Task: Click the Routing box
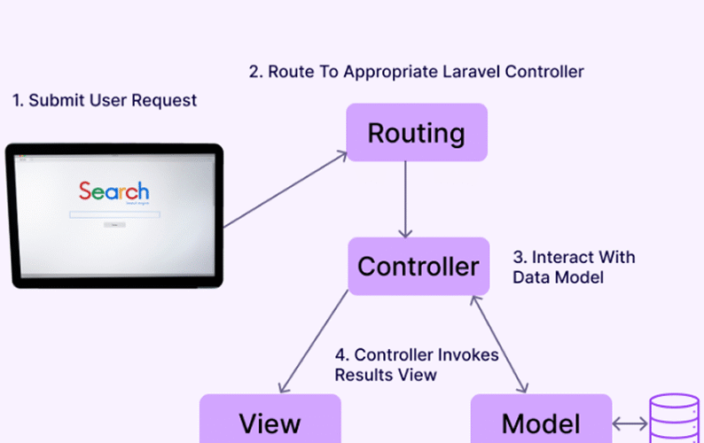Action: pyautogui.click(x=417, y=133)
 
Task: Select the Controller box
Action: pyautogui.click(x=418, y=266)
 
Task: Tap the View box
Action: pyautogui.click(x=270, y=421)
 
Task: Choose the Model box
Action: pyautogui.click(x=541, y=421)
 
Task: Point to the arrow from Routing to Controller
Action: pyautogui.click(x=405, y=199)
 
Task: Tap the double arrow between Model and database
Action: pyautogui.click(x=630, y=423)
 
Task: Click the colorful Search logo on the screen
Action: pyautogui.click(x=113, y=190)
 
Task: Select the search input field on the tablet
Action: pyautogui.click(x=114, y=214)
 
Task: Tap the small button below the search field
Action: pyautogui.click(x=114, y=225)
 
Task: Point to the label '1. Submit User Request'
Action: pyautogui.click(x=105, y=100)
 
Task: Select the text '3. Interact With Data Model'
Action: pyautogui.click(x=574, y=268)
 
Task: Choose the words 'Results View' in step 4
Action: pyautogui.click(x=386, y=375)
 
